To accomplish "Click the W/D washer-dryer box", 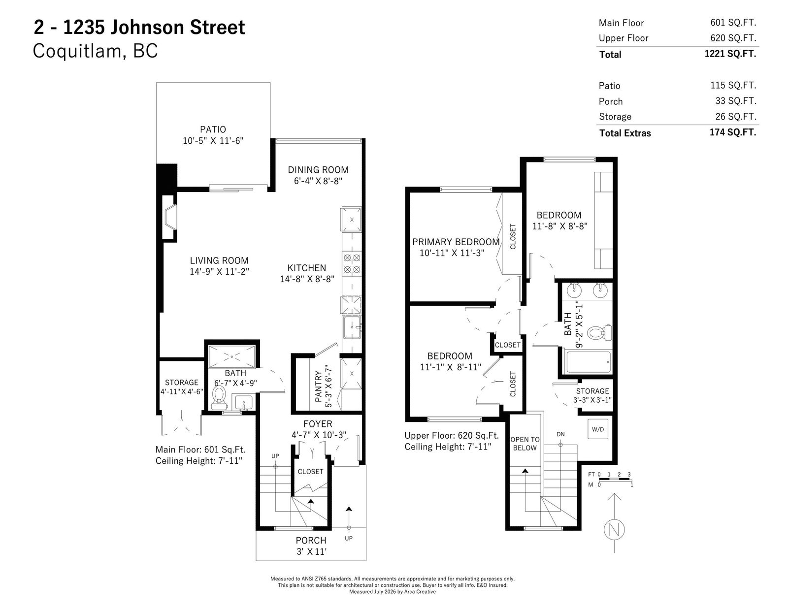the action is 597,429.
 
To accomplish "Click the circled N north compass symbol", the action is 614,530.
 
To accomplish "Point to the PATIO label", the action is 213,129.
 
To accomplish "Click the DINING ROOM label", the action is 318,170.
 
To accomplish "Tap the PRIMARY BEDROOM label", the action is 456,242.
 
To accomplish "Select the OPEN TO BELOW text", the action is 525,444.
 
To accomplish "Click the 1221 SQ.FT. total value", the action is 730,54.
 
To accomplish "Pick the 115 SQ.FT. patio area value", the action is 733,86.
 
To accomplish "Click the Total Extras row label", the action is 625,133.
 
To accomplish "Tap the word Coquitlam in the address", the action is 77,51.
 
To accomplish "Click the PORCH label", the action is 311,541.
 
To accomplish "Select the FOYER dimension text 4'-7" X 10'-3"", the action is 319,435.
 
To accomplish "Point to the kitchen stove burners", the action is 352,263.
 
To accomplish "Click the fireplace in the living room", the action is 169,218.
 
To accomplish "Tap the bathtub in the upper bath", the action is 588,362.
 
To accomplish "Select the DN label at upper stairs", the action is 560,434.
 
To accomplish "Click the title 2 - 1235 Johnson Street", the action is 139,28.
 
